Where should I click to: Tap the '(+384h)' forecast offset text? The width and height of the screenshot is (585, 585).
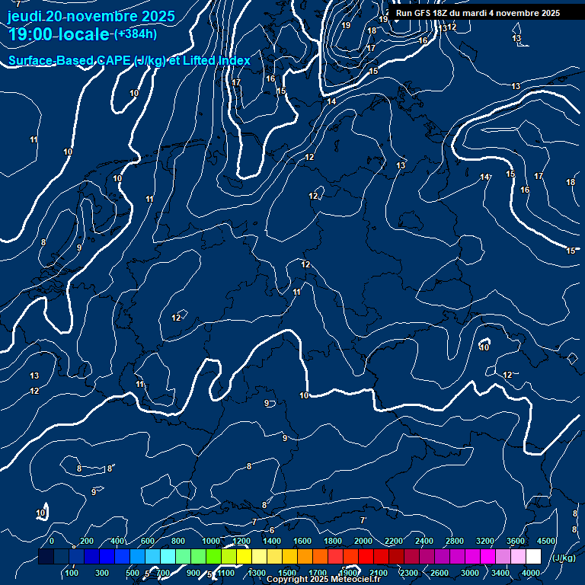point(135,34)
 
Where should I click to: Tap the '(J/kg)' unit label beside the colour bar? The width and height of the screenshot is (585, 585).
point(563,558)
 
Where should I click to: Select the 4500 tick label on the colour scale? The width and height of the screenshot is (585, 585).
point(546,541)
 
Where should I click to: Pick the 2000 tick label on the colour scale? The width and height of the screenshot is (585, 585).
point(363,541)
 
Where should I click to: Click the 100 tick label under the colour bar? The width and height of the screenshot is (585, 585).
point(72,573)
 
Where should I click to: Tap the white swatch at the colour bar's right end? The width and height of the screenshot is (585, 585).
point(533,557)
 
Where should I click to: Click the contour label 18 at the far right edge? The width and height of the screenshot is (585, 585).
point(571,182)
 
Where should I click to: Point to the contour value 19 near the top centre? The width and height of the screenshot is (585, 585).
point(346,25)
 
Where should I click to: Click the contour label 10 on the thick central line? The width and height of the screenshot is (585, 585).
point(304,395)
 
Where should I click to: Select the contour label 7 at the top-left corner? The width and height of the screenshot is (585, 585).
point(18,5)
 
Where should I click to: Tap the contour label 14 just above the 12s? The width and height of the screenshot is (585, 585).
point(331,101)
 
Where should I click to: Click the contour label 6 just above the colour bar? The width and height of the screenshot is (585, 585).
point(272,530)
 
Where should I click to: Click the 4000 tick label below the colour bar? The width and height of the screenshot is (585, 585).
point(531,573)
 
